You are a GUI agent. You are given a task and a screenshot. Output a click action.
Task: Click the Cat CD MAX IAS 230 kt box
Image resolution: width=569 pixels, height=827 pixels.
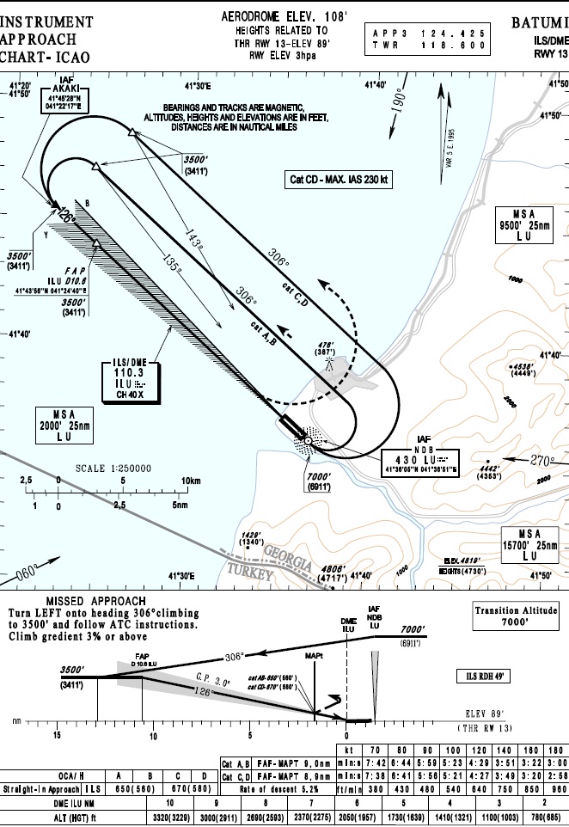click(338, 180)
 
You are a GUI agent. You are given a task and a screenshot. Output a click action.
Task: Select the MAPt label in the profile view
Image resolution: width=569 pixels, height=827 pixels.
click(313, 656)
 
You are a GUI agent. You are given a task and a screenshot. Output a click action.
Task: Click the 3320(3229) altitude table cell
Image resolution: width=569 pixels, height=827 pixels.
click(168, 818)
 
